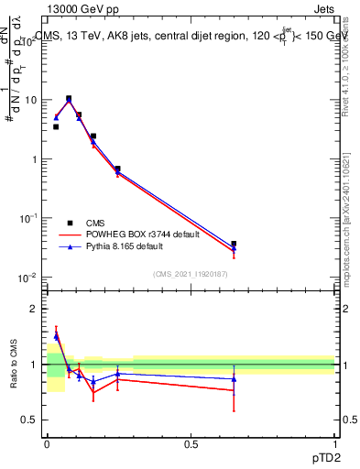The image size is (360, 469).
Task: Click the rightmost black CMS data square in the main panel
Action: click(234, 244)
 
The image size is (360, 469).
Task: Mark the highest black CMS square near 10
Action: click(69, 98)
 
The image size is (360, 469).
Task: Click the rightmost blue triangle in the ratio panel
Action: click(234, 378)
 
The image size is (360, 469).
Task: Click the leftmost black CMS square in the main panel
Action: click(56, 126)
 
